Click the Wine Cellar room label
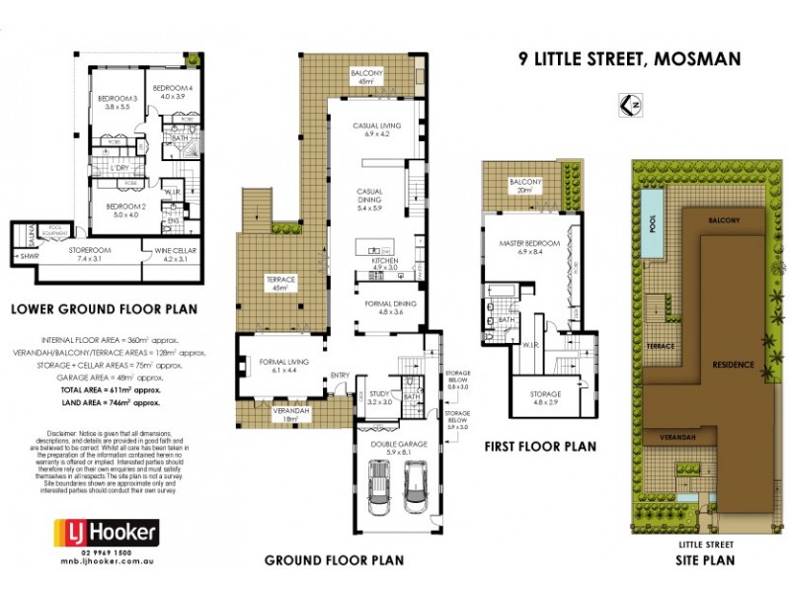[x=174, y=256]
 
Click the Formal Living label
[x=283, y=365]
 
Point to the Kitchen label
[x=385, y=262]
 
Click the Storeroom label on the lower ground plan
[x=87, y=254]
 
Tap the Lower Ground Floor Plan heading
[x=103, y=309]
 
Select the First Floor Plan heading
[x=540, y=446]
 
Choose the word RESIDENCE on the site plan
[x=731, y=365]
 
